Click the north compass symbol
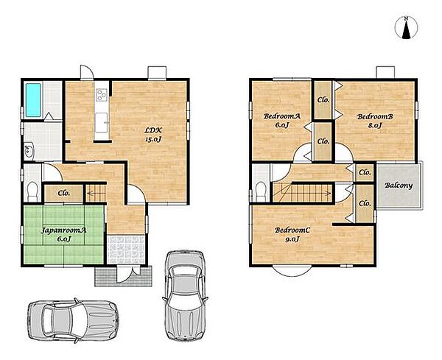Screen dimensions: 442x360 [406, 27]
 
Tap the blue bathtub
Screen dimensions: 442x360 [33, 99]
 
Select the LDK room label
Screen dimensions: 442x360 [153, 135]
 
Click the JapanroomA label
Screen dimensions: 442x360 [63, 234]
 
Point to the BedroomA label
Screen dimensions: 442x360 [282, 120]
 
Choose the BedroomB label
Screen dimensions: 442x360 [375, 121]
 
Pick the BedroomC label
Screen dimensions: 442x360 [292, 234]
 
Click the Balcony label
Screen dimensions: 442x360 [399, 186]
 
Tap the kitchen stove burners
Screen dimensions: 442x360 [102, 95]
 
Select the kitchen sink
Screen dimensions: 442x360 [101, 122]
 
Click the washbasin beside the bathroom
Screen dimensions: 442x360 [29, 151]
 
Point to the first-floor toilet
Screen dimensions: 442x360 [32, 191]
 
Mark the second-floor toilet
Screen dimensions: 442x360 [261, 191]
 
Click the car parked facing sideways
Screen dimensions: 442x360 [73, 320]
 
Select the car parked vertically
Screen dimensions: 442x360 [185, 295]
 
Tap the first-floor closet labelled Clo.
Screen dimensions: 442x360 [63, 193]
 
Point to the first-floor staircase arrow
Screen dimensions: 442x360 [96, 193]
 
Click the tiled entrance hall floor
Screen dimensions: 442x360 [126, 250]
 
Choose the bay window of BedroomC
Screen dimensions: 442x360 [292, 271]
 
